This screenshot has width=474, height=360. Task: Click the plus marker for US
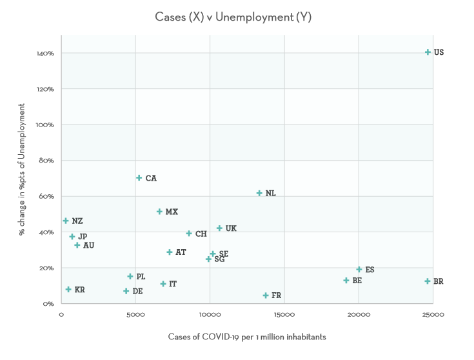coord(428,52)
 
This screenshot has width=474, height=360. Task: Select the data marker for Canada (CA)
coord(139,178)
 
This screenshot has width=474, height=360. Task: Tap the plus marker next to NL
coord(259,194)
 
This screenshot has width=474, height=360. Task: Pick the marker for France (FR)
coord(266,295)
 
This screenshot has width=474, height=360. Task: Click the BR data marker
coord(427,281)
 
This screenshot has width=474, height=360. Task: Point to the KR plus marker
coord(68,290)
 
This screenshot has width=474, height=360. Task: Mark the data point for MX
coord(159,212)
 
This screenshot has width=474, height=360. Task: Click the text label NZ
coord(77,221)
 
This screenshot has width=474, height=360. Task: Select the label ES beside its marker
coord(370,270)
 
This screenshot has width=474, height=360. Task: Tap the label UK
coord(231,228)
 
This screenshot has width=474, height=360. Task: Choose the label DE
coord(137,292)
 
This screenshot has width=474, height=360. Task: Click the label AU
coord(88,246)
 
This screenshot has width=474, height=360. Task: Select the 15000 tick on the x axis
coord(284,315)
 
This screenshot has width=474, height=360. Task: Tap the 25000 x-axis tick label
coord(433,315)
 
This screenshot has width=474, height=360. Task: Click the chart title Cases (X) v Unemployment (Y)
coord(233,17)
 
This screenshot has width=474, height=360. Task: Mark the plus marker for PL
coord(130,277)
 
